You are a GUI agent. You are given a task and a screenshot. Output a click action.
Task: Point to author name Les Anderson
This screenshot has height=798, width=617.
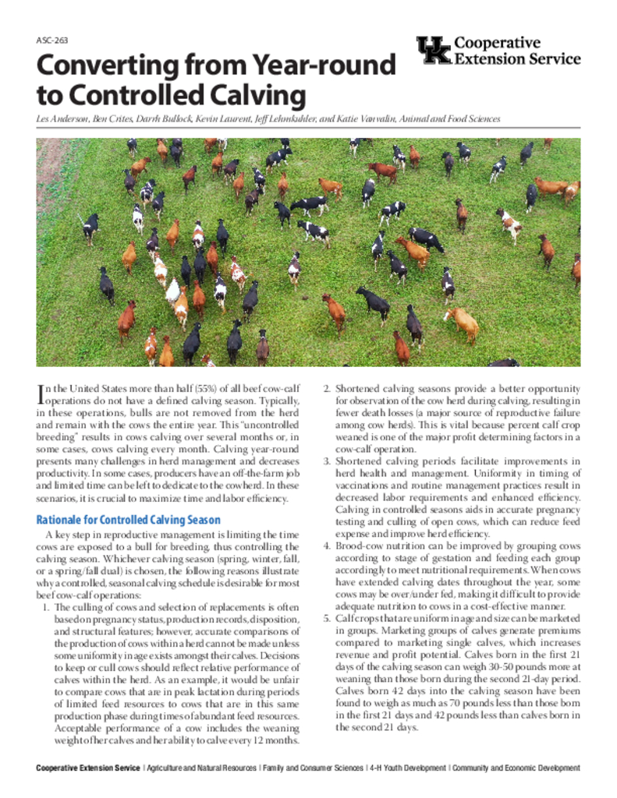tap(62, 119)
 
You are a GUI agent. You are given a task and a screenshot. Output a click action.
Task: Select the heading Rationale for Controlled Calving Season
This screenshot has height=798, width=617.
tap(129, 520)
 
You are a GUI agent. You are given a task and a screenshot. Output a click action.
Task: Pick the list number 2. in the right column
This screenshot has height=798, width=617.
tap(328, 389)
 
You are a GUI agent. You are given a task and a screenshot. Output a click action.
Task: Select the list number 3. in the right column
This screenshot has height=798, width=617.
tap(328, 461)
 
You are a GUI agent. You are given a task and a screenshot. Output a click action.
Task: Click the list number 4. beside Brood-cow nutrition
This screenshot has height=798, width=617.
tap(328, 546)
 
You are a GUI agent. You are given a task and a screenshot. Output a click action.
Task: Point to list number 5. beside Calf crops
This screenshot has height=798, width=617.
tap(328, 619)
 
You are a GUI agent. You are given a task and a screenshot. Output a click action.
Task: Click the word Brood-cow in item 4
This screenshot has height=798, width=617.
tap(358, 546)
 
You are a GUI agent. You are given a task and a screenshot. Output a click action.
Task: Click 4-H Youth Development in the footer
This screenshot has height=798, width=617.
tap(406, 768)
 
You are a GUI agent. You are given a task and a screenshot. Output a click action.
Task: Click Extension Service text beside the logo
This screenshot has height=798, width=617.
tap(517, 58)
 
